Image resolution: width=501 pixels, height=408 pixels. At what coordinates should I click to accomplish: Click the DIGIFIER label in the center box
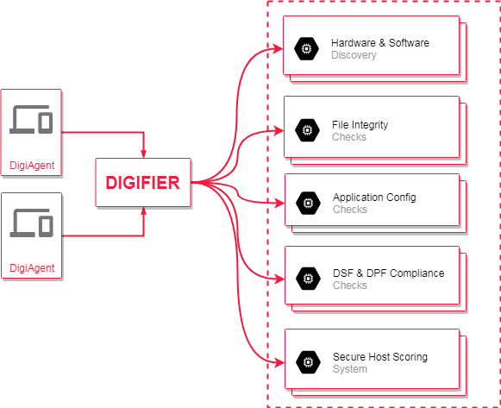[x=142, y=182]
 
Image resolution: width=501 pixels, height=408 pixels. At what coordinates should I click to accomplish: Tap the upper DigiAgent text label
[x=32, y=165]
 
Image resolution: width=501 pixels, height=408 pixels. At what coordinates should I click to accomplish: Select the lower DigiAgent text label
[x=32, y=267]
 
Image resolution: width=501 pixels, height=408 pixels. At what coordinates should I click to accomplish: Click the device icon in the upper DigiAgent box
[x=31, y=120]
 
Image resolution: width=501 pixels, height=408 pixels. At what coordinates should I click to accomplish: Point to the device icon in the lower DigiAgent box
[x=31, y=223]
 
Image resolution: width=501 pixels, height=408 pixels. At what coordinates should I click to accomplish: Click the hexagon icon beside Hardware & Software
[x=306, y=49]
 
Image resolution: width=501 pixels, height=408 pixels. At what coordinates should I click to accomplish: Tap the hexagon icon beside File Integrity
[x=307, y=130]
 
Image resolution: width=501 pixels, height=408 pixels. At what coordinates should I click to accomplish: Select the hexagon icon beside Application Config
[x=308, y=203]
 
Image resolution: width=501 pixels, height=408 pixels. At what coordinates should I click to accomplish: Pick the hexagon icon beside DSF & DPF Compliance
[x=308, y=279]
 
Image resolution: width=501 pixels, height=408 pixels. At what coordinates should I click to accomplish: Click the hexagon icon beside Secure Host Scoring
[x=308, y=362]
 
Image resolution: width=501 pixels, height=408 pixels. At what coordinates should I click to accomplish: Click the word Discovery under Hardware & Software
[x=354, y=55]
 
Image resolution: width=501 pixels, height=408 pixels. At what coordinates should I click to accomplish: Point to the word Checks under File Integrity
[x=349, y=137]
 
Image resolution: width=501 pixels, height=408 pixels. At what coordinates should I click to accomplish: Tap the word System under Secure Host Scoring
[x=350, y=369]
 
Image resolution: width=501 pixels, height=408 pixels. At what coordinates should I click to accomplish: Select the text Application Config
[x=374, y=198]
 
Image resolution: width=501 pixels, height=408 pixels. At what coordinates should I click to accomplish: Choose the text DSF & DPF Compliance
[x=389, y=273]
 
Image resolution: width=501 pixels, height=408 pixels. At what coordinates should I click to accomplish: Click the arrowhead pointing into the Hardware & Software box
[x=279, y=49]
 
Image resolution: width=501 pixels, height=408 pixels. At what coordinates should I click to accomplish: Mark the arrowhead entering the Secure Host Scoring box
[x=279, y=362]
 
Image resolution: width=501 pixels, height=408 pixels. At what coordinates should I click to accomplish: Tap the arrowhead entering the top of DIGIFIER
[x=143, y=154]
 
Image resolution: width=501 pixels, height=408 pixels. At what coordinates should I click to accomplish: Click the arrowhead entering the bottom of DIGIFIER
[x=143, y=211]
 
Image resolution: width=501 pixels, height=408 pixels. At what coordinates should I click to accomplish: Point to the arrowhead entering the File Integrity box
[x=279, y=130]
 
